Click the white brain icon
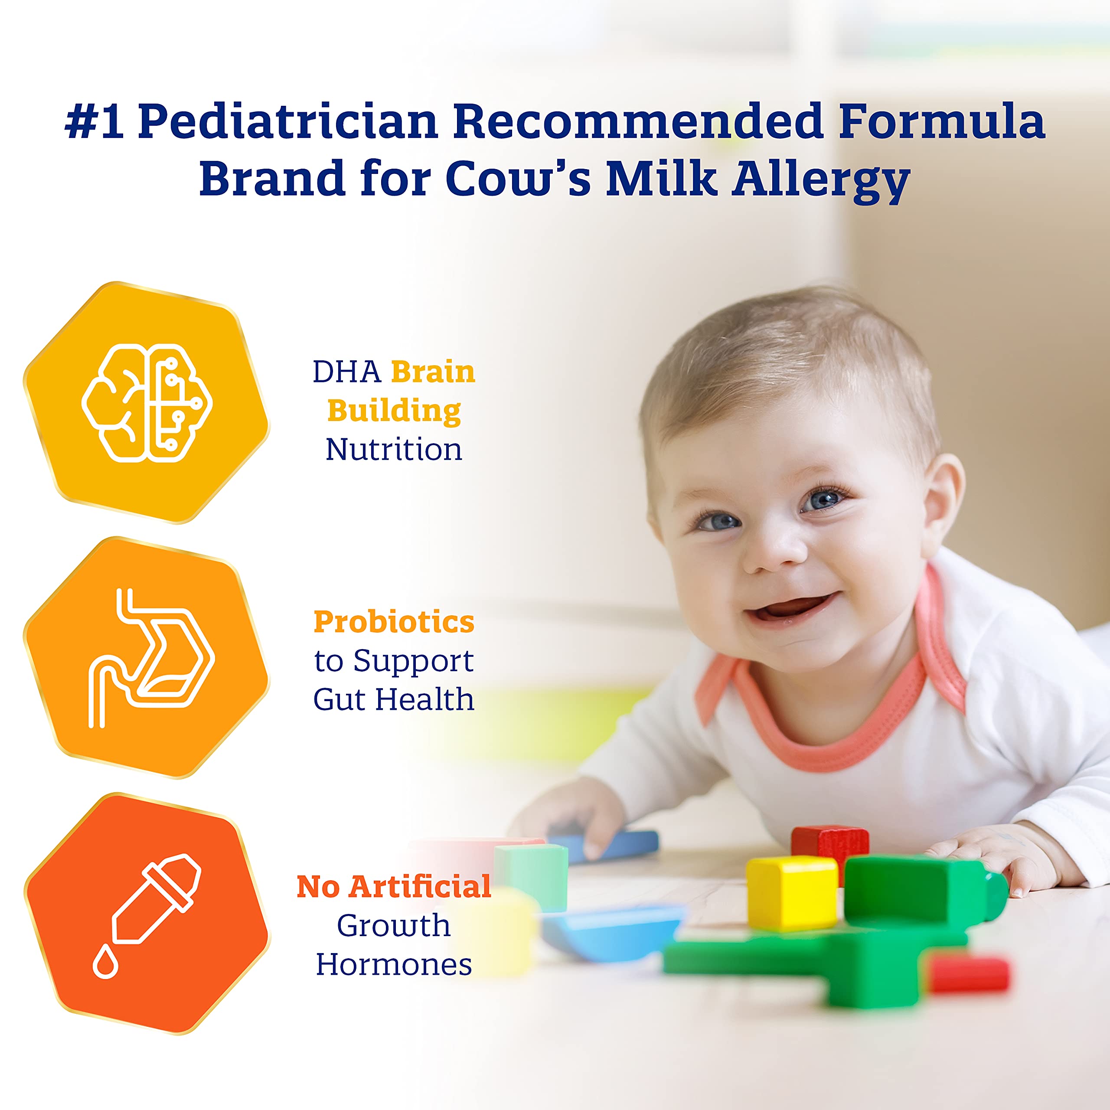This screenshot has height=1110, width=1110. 147,403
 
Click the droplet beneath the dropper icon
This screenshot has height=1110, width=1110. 105,963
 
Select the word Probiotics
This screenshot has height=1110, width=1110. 394,622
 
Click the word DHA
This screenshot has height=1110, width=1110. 346,372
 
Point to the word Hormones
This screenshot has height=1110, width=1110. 394,965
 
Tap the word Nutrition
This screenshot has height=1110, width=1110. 394,450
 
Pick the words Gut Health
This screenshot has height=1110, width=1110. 394,700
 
